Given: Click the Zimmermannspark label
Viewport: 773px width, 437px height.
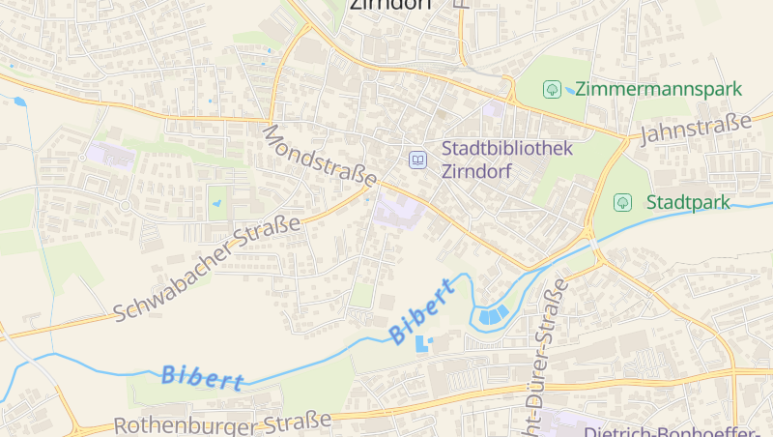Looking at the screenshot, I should [x=658, y=89].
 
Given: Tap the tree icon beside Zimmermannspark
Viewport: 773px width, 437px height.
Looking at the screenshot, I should [x=552, y=89].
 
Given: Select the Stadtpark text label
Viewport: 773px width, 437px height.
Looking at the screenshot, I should [x=688, y=202].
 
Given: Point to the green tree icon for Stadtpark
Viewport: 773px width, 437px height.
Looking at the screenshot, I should [x=623, y=202].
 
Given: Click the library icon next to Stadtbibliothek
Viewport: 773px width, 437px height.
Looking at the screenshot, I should [x=417, y=160].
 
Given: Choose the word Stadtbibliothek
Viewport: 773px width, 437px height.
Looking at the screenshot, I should [x=507, y=149].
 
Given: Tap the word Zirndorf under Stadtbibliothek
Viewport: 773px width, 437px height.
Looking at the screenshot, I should [x=476, y=174].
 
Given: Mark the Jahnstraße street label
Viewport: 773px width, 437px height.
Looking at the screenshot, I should [x=695, y=128].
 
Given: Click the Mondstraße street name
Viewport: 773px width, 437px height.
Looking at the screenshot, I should [x=319, y=154].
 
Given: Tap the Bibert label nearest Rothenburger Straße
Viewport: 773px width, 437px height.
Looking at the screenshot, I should [x=203, y=377].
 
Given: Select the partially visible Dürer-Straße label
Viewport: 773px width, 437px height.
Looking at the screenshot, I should [x=543, y=358].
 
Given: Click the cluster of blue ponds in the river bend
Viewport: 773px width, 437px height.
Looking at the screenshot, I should [x=493, y=314].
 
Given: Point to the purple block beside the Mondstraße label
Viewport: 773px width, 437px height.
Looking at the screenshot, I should [x=397, y=210].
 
